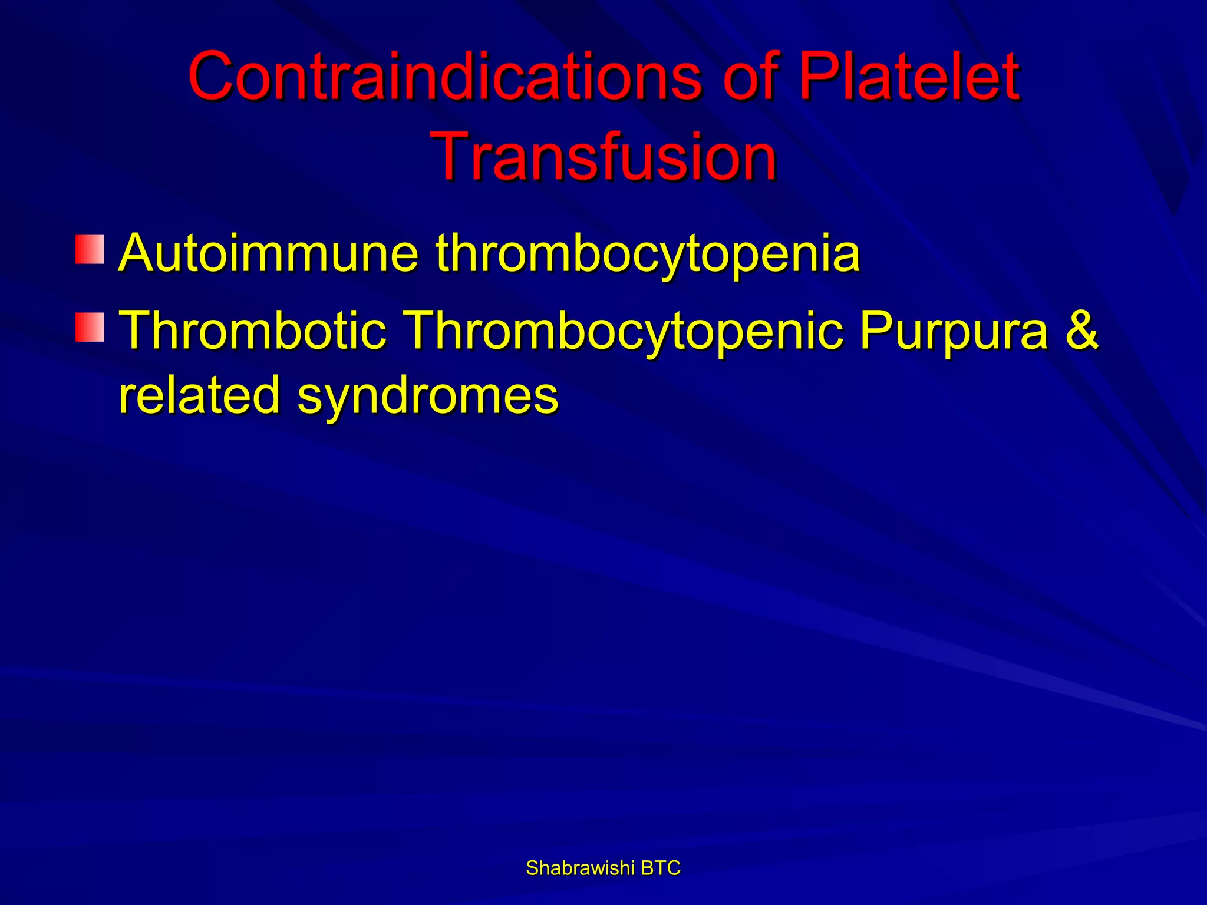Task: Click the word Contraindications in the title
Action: (445, 77)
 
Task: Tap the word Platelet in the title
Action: (908, 77)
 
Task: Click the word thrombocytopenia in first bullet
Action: (648, 255)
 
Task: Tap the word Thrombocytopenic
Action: (625, 331)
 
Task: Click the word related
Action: (199, 395)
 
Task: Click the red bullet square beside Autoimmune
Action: (90, 249)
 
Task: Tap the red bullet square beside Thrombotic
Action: (90, 328)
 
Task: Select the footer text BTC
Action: (661, 868)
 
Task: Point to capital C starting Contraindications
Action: (213, 77)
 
